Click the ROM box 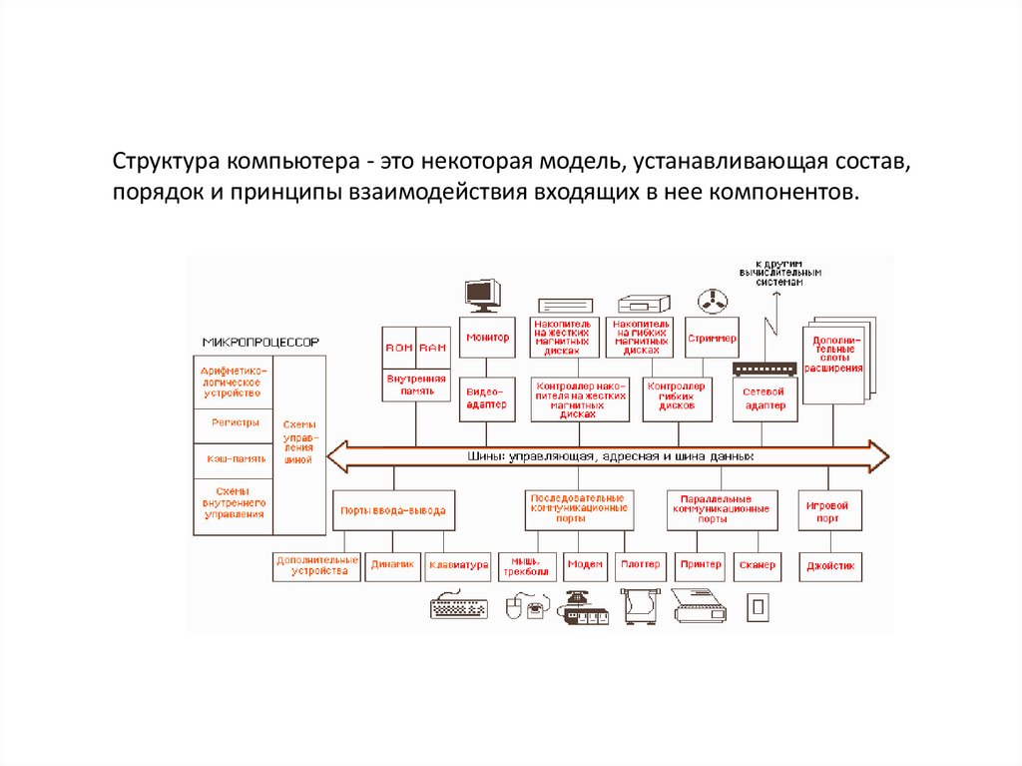click(x=398, y=348)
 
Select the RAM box click(x=432, y=348)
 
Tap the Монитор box click(x=486, y=339)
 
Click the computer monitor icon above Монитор click(x=482, y=294)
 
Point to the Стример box click(x=712, y=339)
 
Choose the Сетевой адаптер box click(x=765, y=398)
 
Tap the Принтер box click(x=700, y=565)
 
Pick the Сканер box click(x=758, y=565)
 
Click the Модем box click(x=585, y=565)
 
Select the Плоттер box click(x=640, y=565)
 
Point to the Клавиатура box click(x=458, y=565)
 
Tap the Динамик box click(x=391, y=565)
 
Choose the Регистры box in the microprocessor click(x=235, y=422)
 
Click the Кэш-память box click(x=235, y=458)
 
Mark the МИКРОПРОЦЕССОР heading click(x=260, y=342)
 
